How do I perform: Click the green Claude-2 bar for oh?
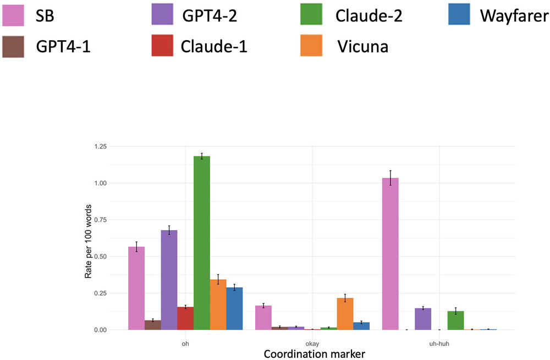coord(202,243)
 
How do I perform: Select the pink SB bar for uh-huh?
coord(390,254)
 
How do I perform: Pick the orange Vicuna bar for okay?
coord(345,314)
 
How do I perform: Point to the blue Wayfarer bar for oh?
coord(234,308)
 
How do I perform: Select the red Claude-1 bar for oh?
coord(185,318)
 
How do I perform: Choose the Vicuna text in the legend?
coord(363,46)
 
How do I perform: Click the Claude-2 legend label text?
coord(369,15)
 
